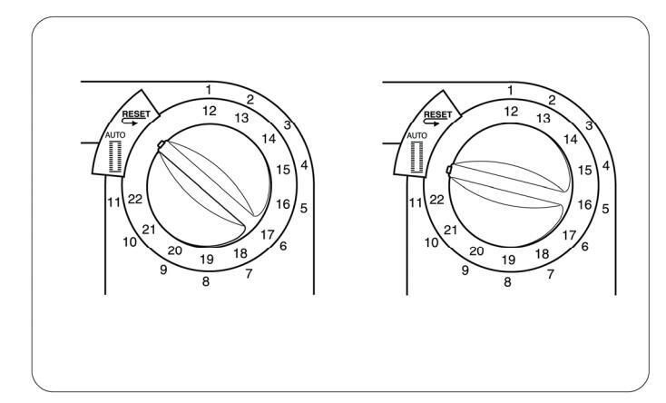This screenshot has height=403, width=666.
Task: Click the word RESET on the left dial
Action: point(136,114)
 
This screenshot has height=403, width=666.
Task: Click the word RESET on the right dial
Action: point(438,114)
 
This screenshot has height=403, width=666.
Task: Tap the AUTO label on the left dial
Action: point(115,135)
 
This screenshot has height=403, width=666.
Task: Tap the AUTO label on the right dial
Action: point(417,135)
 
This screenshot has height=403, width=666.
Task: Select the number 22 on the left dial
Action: point(135,199)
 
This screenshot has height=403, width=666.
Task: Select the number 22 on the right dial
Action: point(437,200)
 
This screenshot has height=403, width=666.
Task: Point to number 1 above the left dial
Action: point(208,90)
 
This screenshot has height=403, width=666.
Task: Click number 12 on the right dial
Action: point(512,112)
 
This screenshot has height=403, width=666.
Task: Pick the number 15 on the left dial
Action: point(283,170)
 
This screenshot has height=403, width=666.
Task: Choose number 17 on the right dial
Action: point(569,235)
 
